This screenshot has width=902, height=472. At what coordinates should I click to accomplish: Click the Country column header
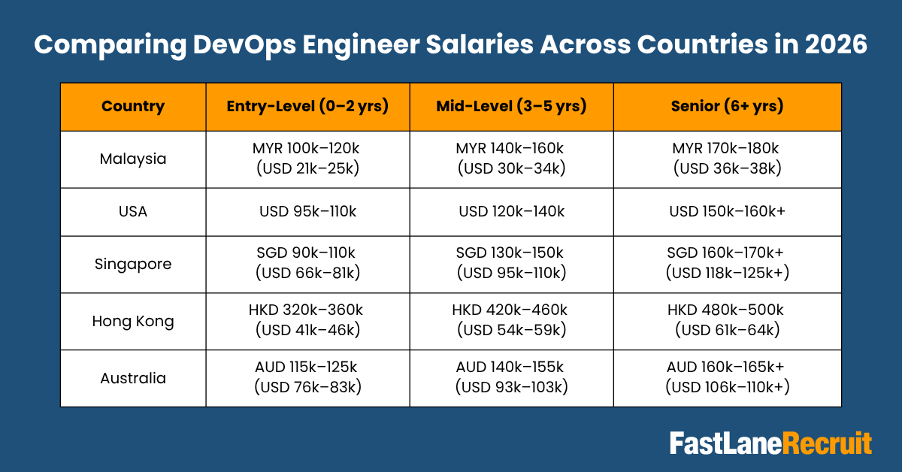click(132, 106)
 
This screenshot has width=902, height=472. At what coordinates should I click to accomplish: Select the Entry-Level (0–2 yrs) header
click(307, 106)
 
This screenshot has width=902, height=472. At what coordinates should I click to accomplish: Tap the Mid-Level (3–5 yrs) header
click(511, 106)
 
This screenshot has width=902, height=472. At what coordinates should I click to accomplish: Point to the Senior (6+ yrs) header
click(727, 106)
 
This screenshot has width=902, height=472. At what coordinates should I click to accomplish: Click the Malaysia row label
click(132, 159)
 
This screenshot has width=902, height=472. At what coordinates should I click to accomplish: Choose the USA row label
click(132, 211)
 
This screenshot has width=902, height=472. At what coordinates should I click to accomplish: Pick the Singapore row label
click(132, 264)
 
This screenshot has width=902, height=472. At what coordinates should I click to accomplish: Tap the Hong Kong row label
click(132, 321)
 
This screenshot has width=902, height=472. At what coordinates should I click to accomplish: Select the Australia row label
click(132, 377)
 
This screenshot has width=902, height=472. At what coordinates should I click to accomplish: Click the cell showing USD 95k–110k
click(307, 211)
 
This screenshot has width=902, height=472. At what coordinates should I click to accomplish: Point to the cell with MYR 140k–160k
click(511, 159)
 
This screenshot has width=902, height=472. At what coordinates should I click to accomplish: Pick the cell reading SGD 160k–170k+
click(727, 264)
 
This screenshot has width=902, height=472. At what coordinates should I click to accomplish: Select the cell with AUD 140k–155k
click(511, 377)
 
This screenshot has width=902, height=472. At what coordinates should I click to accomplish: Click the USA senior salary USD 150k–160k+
click(727, 211)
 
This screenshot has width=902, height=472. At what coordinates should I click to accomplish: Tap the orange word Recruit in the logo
click(828, 443)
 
